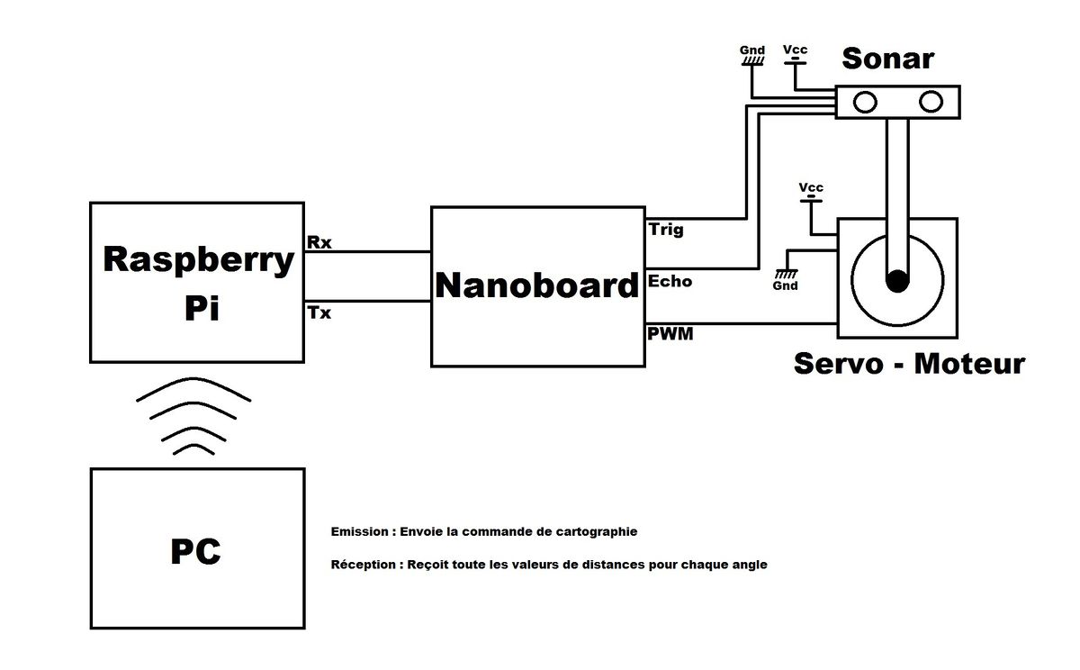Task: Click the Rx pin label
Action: pos(319,241)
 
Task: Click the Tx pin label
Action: pos(319,312)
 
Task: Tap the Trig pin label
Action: pos(666,229)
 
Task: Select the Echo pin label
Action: pos(670,281)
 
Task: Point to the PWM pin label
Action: pos(670,335)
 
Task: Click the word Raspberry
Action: pos(199,260)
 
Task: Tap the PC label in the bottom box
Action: pos(196,551)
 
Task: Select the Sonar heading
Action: pos(887,59)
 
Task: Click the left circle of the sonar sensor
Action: pos(865,103)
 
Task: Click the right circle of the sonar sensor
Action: pos(930,103)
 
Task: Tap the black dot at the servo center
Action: pos(896,281)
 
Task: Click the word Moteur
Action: pos(968,364)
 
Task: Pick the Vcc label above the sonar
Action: pos(795,49)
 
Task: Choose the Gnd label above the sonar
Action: pos(752,50)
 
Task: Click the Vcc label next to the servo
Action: pos(810,187)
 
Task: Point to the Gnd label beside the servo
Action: pos(785,285)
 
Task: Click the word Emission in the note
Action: pos(360,531)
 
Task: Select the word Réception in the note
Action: pos(364,566)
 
